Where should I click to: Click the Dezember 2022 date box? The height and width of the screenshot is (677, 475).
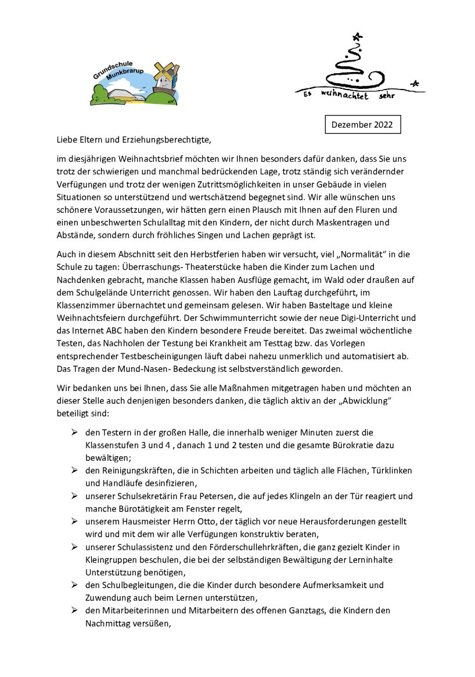(x=362, y=124)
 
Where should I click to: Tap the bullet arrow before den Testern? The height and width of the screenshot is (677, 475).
(x=74, y=432)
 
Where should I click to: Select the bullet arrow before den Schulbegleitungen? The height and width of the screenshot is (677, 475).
(x=74, y=585)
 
